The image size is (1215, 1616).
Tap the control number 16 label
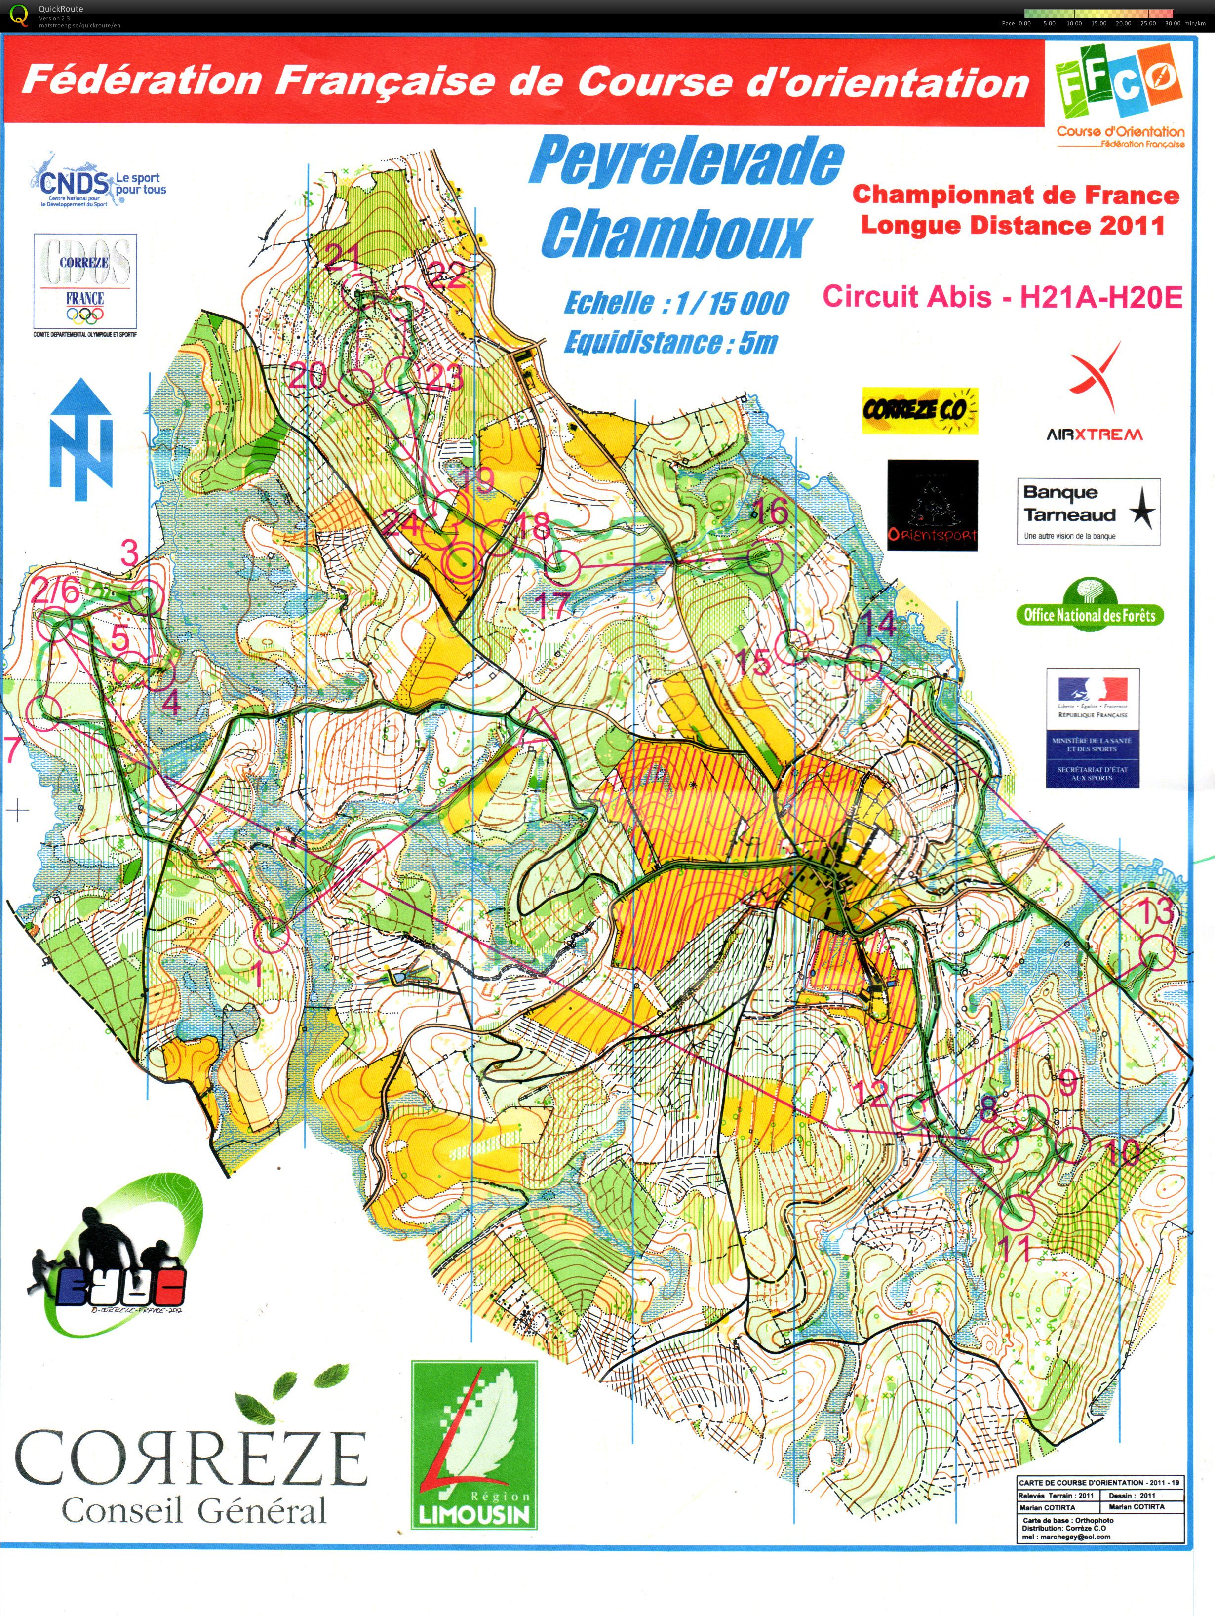pos(770,511)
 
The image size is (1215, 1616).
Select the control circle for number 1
pos(271,934)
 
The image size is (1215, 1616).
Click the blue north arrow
pos(80,438)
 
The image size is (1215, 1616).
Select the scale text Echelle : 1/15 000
pos(676,303)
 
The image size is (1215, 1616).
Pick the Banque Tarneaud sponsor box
pos(1088,512)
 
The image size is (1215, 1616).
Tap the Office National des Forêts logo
pos(1089,605)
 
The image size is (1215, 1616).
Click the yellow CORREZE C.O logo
pos(919,411)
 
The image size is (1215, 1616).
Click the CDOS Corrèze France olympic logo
pos(85,285)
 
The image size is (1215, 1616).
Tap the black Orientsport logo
pos(932,505)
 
